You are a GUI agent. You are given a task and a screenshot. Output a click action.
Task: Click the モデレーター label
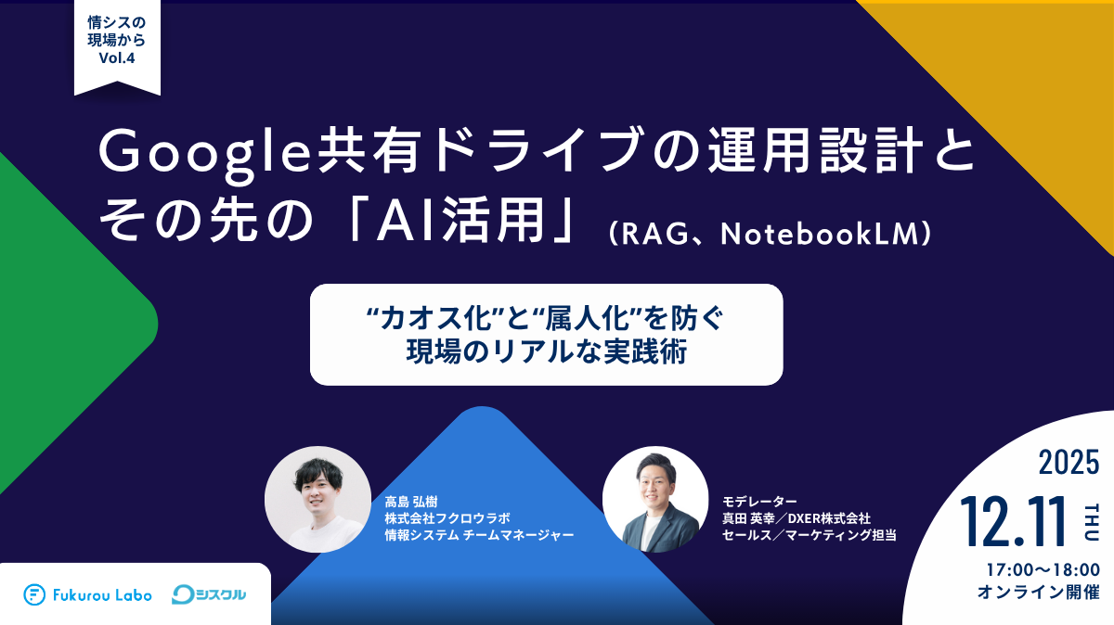pyautogui.click(x=760, y=501)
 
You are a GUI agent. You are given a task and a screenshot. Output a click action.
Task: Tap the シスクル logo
pyautogui.click(x=210, y=594)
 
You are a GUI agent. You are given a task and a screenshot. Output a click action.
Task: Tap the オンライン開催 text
pyautogui.click(x=1039, y=591)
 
